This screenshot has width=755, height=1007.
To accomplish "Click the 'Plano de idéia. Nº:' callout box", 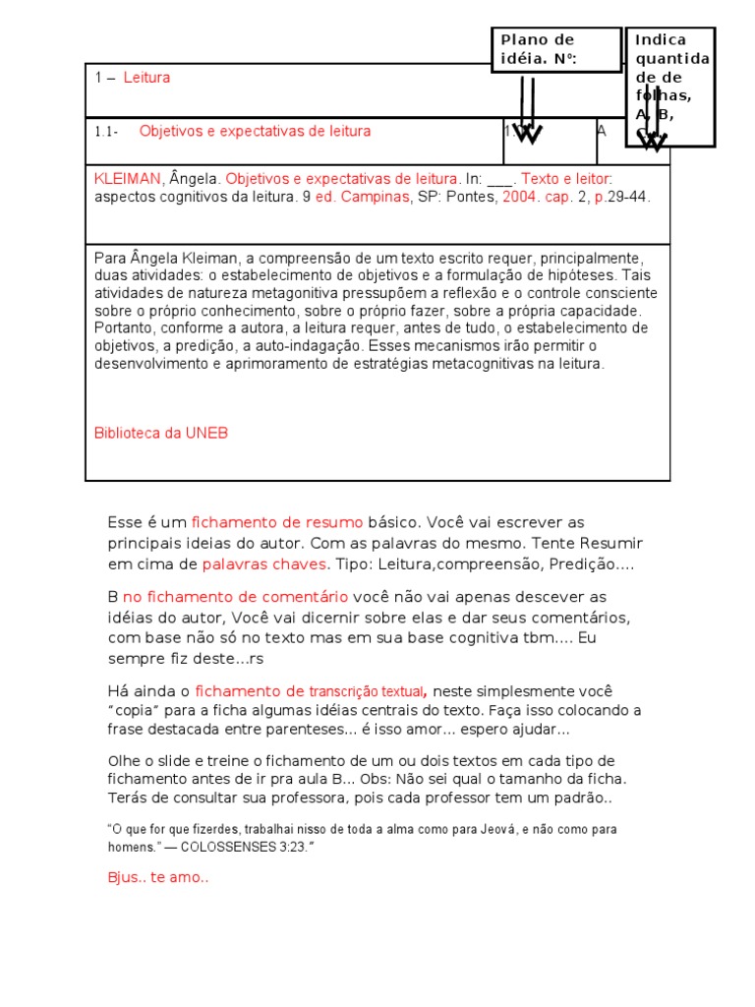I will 556,49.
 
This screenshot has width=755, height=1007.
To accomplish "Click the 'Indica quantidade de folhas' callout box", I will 669,87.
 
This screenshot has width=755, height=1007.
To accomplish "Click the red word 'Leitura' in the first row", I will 146,78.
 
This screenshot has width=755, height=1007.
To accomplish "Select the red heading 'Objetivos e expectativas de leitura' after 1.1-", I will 255,131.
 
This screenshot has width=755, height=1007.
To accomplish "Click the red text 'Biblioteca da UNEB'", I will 161,433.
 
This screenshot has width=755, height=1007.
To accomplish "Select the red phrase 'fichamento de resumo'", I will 277,522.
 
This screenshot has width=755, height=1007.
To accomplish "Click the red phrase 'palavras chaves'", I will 263,564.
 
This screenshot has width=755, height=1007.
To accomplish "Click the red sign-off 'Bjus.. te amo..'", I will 157,878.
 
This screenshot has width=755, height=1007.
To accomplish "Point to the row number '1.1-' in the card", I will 107,131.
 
